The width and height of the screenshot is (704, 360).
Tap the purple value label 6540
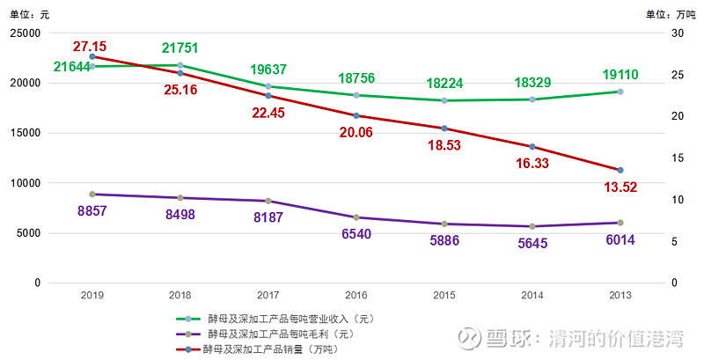[x=356, y=234]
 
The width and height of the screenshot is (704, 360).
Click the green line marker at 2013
[x=620, y=92]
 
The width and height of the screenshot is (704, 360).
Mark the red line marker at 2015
[x=444, y=129]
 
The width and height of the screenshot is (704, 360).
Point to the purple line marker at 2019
[x=92, y=194]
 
